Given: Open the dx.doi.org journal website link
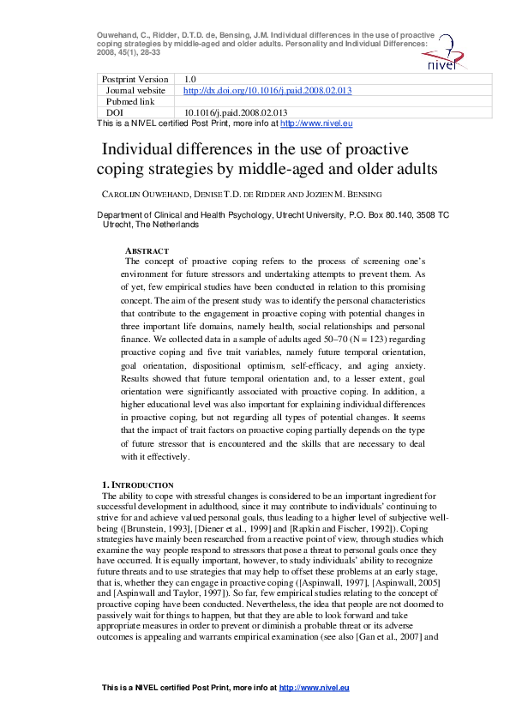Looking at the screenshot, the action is (x=267, y=90).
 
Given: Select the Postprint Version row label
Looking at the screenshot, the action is (x=135, y=79).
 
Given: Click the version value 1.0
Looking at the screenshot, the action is (x=190, y=79).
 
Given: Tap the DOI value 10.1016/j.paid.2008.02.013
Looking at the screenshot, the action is (x=236, y=112).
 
